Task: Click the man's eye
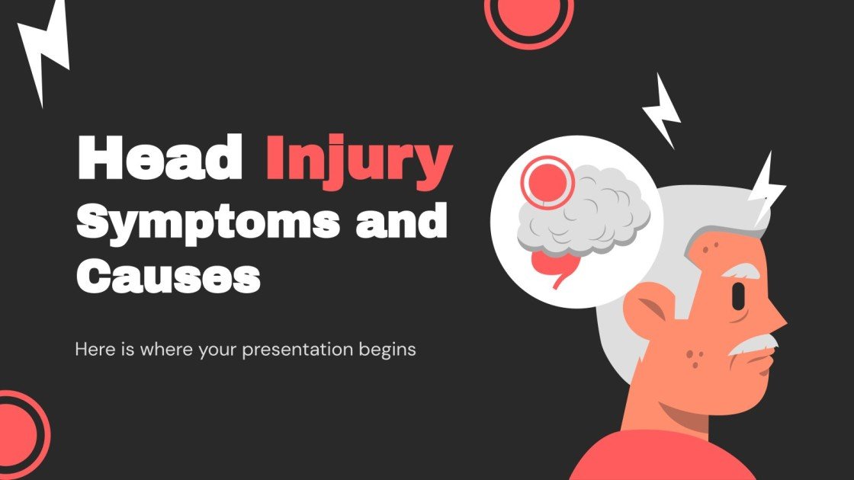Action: point(738,296)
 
